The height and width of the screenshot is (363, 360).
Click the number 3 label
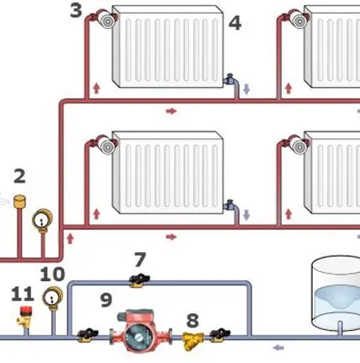tap(76, 10)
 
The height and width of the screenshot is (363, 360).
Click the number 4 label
tap(235, 23)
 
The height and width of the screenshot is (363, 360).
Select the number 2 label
tap(19, 176)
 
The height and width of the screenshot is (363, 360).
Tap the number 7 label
tap(140, 259)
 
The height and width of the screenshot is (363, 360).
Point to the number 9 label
tap(106, 300)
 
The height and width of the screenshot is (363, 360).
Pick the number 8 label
tap(192, 321)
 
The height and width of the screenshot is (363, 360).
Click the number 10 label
tap(52, 274)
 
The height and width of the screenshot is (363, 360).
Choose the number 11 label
tap(23, 295)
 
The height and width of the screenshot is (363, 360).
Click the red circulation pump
tap(141, 330)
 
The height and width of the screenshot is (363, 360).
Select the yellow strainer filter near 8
tap(193, 340)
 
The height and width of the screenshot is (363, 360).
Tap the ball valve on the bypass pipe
tap(139, 280)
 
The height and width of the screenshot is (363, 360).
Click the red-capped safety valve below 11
tap(24, 317)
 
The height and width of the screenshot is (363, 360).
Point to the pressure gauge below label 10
tap(52, 298)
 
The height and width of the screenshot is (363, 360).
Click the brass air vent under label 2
tap(19, 202)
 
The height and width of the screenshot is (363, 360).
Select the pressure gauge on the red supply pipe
tap(42, 220)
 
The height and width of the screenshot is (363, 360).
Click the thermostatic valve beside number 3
tap(106, 19)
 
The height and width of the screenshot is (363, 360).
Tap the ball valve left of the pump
tap(88, 335)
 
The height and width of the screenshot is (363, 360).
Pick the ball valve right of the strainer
tap(220, 335)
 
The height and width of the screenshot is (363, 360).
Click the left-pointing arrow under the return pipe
tap(278, 348)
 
